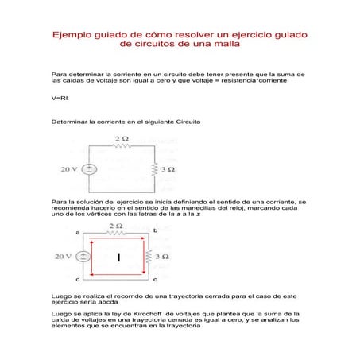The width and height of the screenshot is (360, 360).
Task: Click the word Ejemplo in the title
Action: click(x=72, y=36)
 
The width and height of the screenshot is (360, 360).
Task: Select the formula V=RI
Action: click(x=59, y=99)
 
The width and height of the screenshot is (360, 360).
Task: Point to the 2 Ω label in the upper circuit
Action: click(x=121, y=139)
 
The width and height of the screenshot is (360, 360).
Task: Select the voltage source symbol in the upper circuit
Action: click(x=90, y=169)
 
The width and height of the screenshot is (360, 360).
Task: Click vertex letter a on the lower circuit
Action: click(x=77, y=232)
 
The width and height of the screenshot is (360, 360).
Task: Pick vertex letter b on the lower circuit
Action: click(x=155, y=230)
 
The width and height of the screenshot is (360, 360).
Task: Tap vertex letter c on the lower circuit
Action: click(x=155, y=280)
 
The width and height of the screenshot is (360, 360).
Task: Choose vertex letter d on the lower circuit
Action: click(x=77, y=281)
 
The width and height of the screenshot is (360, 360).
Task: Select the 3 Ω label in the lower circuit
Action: click(x=163, y=257)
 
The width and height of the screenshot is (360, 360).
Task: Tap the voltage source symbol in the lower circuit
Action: click(x=83, y=257)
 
